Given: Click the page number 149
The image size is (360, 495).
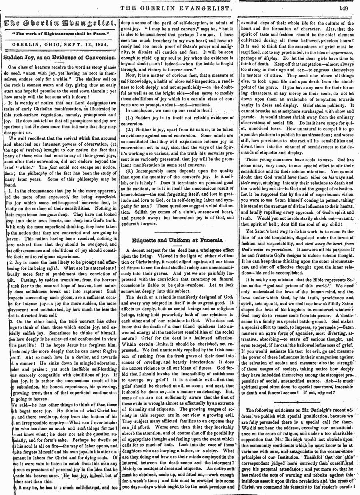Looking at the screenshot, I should (343, 8).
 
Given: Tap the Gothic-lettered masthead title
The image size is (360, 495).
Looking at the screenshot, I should (60, 22).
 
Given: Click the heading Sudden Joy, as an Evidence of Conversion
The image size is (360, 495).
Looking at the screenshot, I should (60, 57).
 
